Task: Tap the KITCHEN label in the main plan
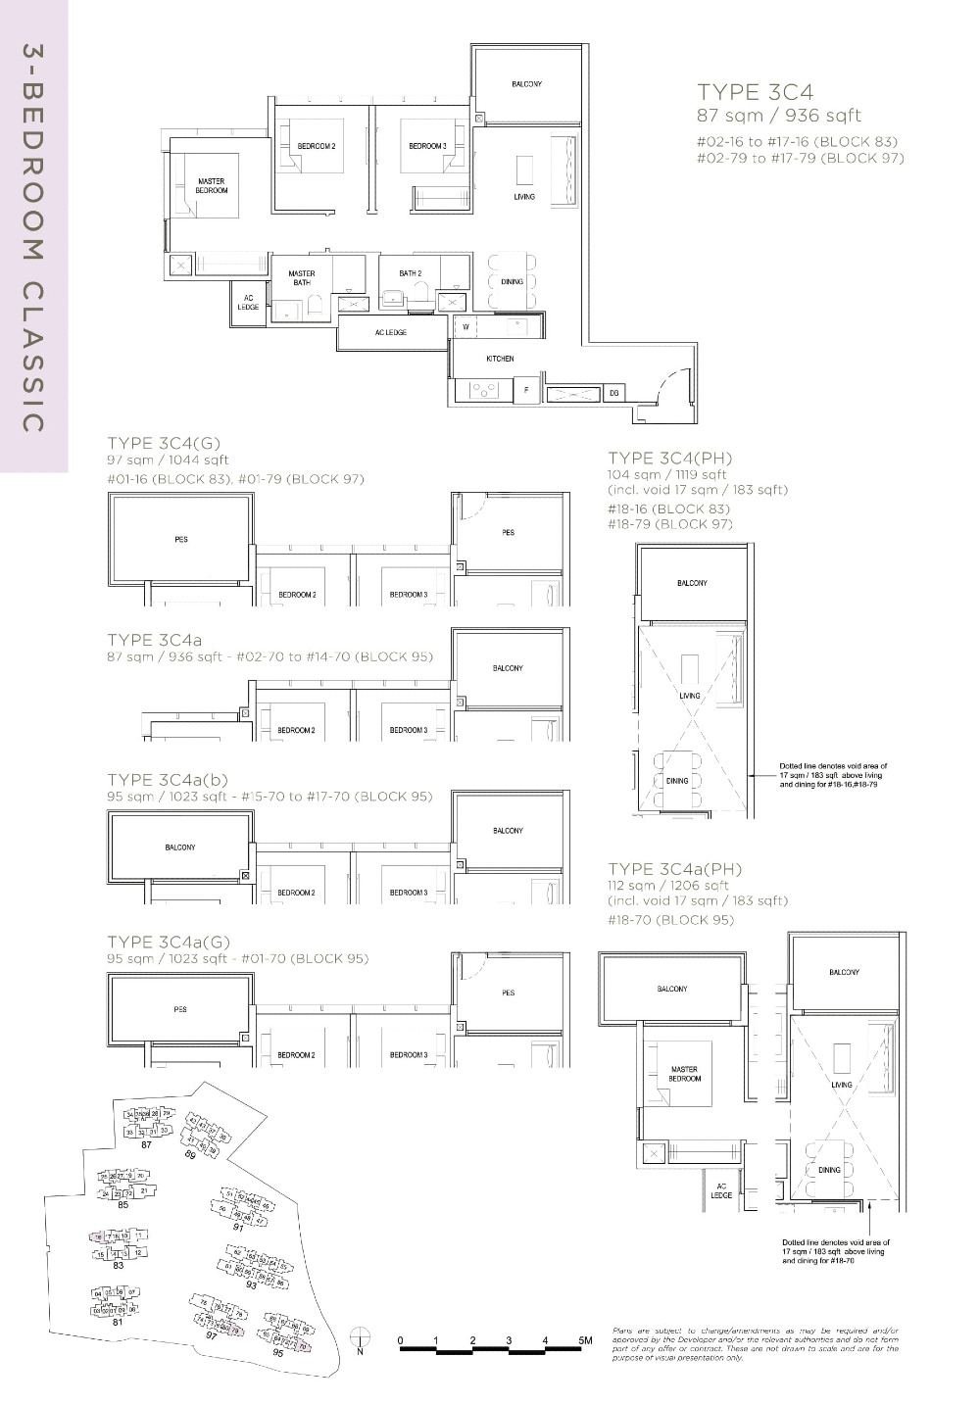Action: pyautogui.click(x=500, y=359)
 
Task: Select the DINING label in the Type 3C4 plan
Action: pyautogui.click(x=512, y=282)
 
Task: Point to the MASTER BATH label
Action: pyautogui.click(x=301, y=278)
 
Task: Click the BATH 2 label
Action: pyautogui.click(x=410, y=273)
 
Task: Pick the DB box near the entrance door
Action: pyautogui.click(x=614, y=393)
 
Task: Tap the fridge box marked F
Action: pyautogui.click(x=527, y=390)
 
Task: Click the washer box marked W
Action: pyautogui.click(x=465, y=326)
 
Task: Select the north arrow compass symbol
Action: pyautogui.click(x=361, y=1337)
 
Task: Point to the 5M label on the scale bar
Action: pyautogui.click(x=585, y=1339)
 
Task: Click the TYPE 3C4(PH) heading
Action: pyautogui.click(x=669, y=459)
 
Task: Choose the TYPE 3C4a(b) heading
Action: pyautogui.click(x=168, y=780)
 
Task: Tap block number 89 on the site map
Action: pyautogui.click(x=190, y=1155)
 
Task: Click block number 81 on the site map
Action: pyautogui.click(x=117, y=1322)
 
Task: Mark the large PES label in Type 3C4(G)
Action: pyautogui.click(x=180, y=539)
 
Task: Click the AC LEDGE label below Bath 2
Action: pyautogui.click(x=390, y=332)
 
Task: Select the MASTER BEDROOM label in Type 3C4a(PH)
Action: pyautogui.click(x=685, y=1074)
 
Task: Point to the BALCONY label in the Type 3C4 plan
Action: pyautogui.click(x=526, y=84)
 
